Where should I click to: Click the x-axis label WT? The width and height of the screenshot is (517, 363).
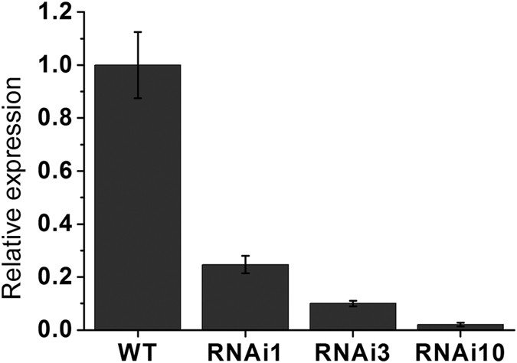[x=138, y=350]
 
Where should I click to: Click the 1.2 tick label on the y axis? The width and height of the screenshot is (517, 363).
[x=52, y=13]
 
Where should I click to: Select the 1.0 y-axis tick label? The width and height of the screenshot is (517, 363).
[x=52, y=66]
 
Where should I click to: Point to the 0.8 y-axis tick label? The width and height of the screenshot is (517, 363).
[x=52, y=119]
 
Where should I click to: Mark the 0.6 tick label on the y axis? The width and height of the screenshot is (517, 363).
[x=52, y=172]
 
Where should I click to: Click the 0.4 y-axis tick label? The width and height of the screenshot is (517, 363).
[x=52, y=224]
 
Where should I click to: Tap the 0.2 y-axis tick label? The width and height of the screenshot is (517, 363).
[x=52, y=277]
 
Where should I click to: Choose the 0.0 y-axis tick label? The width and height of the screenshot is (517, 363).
[x=52, y=330]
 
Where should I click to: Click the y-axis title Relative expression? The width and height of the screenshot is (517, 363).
[x=16, y=172]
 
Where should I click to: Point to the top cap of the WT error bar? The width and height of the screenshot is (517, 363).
[x=138, y=32]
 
